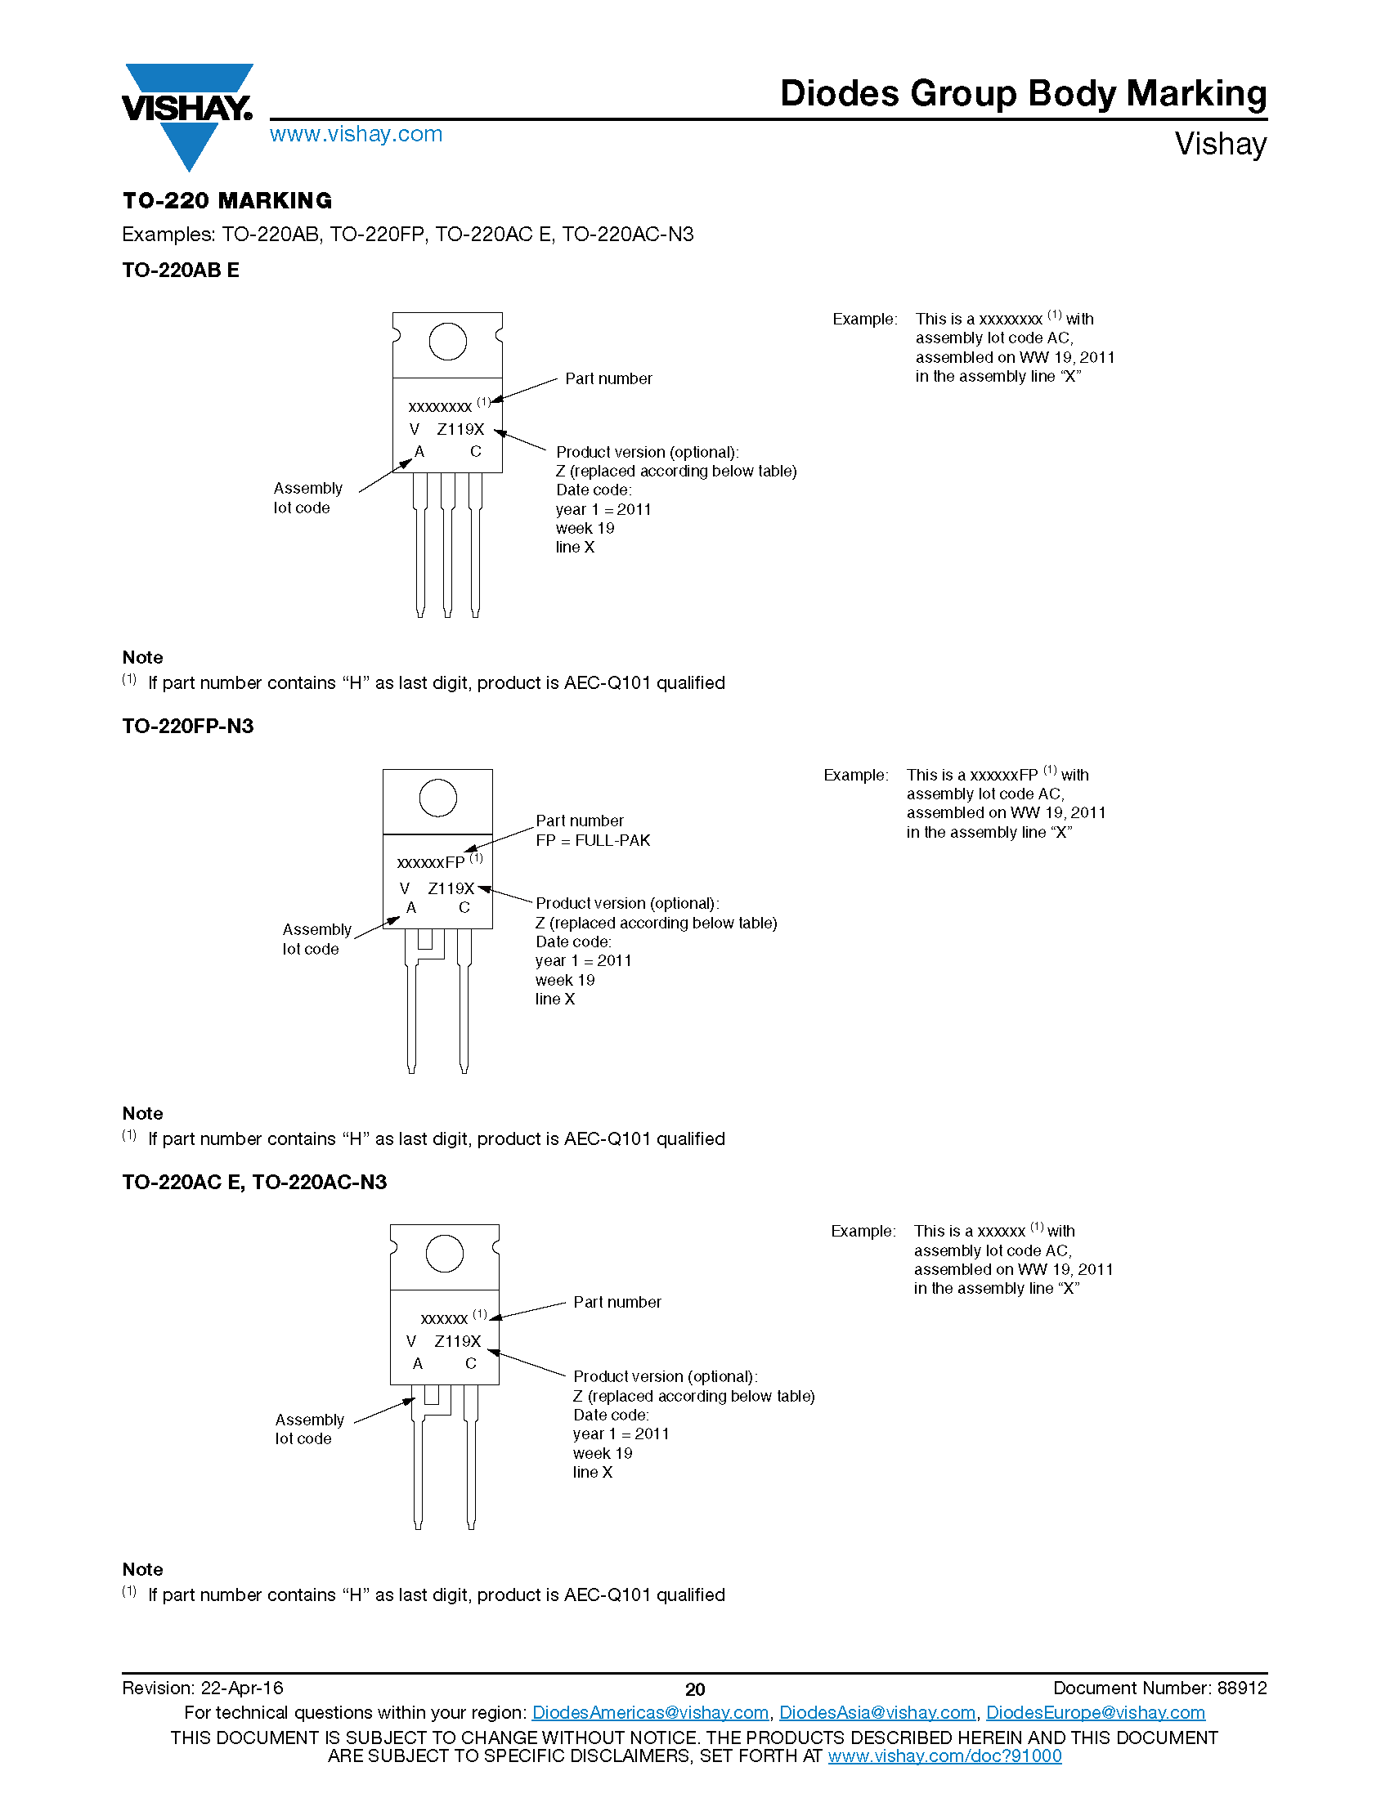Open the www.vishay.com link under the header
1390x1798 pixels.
(x=356, y=134)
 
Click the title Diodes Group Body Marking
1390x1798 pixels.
(x=1023, y=94)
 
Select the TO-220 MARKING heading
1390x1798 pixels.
(x=227, y=201)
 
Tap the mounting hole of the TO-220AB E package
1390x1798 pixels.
(x=447, y=342)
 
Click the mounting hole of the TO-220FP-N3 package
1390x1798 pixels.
(x=437, y=798)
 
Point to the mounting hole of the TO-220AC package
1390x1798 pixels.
(x=444, y=1254)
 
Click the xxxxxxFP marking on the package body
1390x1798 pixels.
(x=432, y=863)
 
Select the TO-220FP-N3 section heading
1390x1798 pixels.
(x=188, y=726)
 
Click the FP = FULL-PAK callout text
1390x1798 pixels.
(x=593, y=840)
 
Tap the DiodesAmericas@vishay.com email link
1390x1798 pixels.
(x=650, y=1712)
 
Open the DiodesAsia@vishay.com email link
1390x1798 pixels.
(x=877, y=1712)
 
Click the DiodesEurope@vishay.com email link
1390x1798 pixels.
(x=1095, y=1712)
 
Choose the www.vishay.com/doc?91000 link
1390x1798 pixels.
(x=944, y=1756)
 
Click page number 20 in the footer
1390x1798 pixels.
(x=695, y=1689)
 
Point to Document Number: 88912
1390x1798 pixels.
(x=1159, y=1688)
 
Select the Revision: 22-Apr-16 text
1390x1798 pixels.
(x=203, y=1688)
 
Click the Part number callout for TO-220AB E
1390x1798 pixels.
(x=608, y=378)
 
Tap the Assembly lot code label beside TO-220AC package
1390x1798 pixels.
(x=309, y=1429)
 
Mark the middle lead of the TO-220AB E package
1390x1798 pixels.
(x=447, y=543)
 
